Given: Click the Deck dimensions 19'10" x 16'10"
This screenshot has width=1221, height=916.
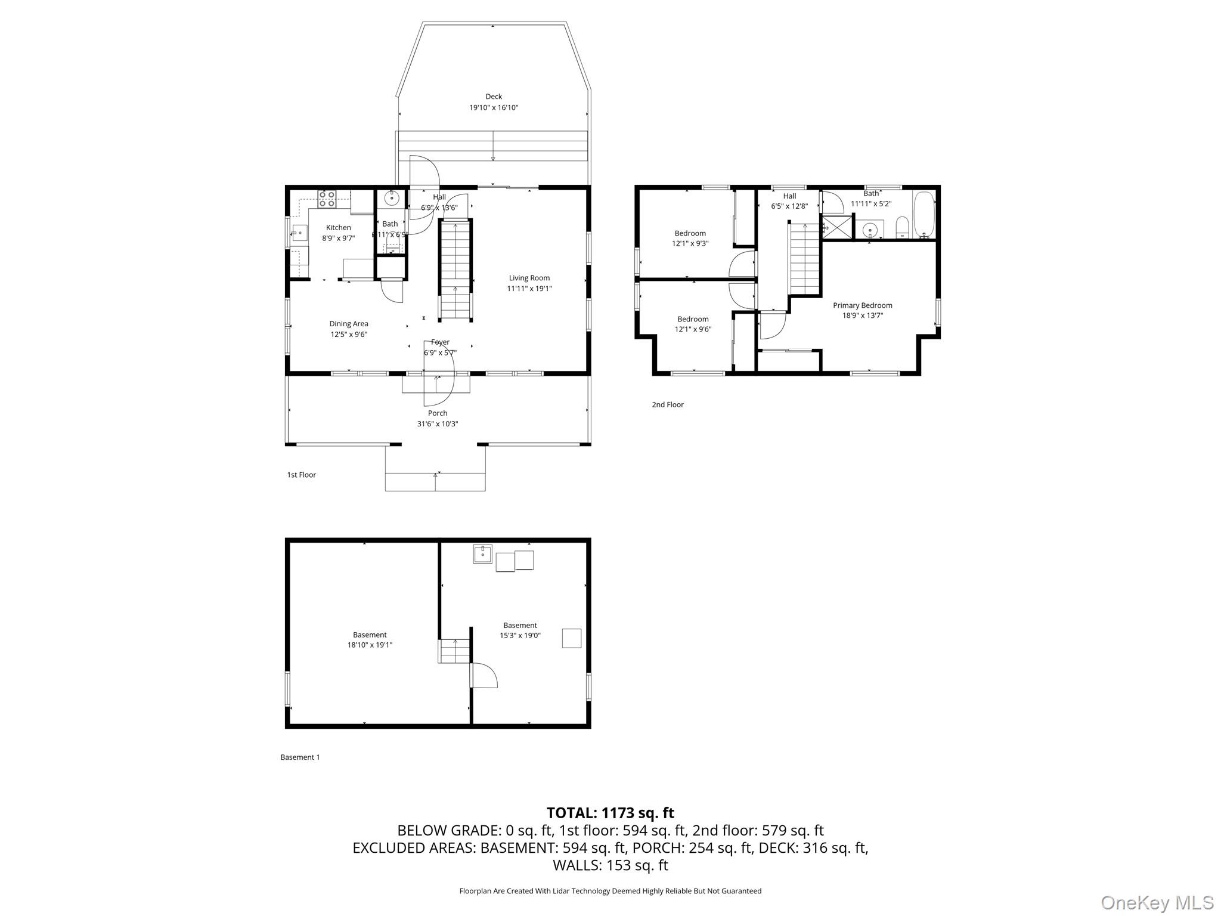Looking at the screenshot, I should [494, 108].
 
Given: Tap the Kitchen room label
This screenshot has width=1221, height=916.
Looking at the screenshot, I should [338, 228].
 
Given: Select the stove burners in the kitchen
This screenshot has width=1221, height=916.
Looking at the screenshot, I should [327, 199].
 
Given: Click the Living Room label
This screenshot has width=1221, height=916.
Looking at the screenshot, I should [529, 278].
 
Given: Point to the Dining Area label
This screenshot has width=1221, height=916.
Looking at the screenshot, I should [349, 324].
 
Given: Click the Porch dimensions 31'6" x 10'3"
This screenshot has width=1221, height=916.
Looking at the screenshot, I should [437, 424].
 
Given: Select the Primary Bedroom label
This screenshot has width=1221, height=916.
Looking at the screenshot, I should [862, 305].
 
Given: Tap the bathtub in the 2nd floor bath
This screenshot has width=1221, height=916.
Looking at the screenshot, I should [924, 215].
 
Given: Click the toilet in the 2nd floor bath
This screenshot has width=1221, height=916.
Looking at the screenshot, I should [901, 227].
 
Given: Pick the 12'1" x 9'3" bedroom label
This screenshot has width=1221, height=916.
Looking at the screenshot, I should [690, 239].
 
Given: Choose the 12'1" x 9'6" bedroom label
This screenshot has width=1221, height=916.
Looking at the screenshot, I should [693, 324].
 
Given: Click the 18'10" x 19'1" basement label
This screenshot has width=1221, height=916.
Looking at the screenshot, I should [370, 640].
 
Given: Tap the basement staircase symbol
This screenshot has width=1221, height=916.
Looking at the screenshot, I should [455, 651].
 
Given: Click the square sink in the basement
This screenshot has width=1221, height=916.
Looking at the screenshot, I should [482, 553].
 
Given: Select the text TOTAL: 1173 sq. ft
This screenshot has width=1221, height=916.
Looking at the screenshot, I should [610, 813].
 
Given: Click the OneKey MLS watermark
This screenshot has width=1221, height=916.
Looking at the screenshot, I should [1157, 902].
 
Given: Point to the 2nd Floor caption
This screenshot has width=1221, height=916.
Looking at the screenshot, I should [667, 404].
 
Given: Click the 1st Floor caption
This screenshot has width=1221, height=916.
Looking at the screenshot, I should [301, 475].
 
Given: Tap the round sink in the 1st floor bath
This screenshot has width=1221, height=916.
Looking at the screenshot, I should [392, 197].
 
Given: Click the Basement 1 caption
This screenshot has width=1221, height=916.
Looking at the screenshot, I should [300, 757].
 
